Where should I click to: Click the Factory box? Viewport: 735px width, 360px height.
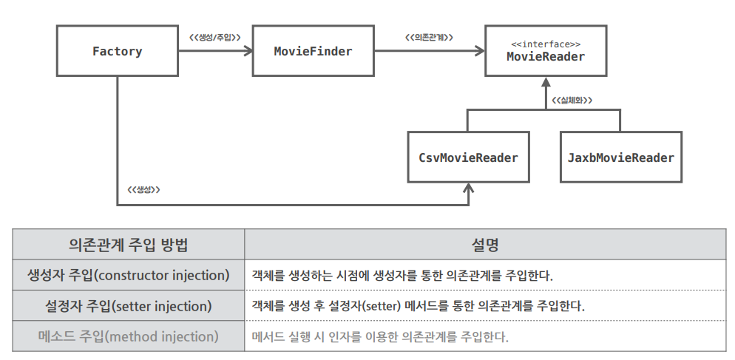(x=117, y=50)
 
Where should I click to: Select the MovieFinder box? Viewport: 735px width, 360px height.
(x=313, y=50)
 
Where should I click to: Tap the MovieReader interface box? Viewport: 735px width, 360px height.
(x=546, y=50)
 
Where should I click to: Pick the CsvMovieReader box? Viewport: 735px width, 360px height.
(x=468, y=157)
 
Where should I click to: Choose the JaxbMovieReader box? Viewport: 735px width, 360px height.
(x=621, y=157)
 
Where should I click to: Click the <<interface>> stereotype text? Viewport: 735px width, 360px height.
(x=546, y=44)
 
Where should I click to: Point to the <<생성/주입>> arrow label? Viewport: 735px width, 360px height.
(x=214, y=37)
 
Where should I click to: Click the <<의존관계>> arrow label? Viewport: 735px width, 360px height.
(x=429, y=37)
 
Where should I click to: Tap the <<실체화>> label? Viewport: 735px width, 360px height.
(x=572, y=100)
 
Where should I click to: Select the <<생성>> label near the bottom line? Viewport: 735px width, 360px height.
(x=143, y=190)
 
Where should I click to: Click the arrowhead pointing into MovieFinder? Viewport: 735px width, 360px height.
(x=248, y=50)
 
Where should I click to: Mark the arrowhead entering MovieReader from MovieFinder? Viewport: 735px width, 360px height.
(x=480, y=50)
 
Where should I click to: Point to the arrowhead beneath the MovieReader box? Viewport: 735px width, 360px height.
(x=546, y=81)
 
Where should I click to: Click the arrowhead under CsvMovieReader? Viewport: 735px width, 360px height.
(x=468, y=188)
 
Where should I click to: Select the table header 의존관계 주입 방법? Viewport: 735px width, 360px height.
(x=128, y=244)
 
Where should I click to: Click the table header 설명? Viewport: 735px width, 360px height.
(x=485, y=244)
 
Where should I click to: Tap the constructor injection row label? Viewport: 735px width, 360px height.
(x=128, y=275)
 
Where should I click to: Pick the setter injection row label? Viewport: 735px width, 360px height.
(x=128, y=306)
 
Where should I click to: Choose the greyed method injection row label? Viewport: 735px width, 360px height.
(x=128, y=336)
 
